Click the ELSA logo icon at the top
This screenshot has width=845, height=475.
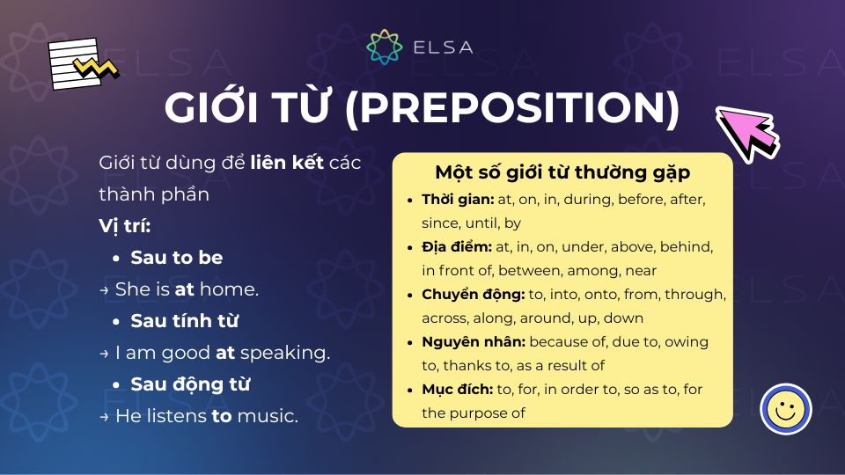[384, 47]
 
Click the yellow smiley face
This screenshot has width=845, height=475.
[785, 409]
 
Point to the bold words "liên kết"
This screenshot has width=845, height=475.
[288, 163]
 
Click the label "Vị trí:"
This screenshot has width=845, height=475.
[125, 226]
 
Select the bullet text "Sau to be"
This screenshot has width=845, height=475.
[176, 258]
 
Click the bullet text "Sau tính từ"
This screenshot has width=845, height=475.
[184, 321]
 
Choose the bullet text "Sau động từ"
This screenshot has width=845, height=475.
[190, 384]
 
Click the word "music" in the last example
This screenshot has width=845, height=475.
[266, 416]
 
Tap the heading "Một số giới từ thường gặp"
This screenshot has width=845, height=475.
[562, 172]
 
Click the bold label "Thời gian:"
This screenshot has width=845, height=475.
[458, 200]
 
